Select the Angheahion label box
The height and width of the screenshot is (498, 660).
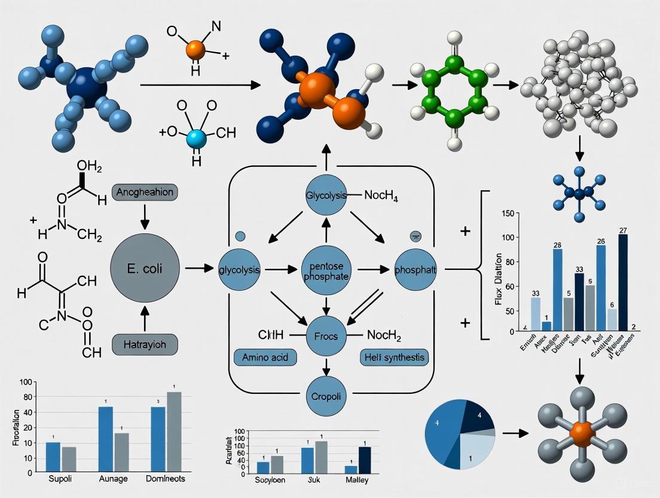146,193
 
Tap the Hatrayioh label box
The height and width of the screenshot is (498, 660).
146,345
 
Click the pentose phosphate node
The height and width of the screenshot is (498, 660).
326,270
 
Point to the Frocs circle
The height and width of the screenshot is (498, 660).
326,336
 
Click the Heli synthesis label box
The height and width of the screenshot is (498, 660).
395,358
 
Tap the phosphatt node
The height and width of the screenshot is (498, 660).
415,270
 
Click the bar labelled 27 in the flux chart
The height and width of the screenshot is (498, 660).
623,281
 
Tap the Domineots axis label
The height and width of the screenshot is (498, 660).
166,479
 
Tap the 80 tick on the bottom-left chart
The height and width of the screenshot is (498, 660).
27,397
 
